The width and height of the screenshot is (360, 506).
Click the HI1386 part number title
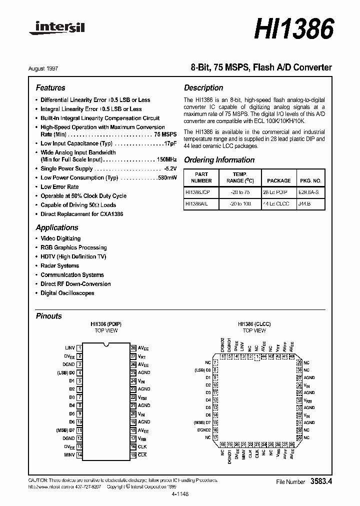(x=293, y=29)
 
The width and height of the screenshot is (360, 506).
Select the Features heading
(x=50, y=87)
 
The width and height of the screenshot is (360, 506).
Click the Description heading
(x=203, y=87)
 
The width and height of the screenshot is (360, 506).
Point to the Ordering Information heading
(x=219, y=160)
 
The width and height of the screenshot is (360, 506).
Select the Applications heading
(x=57, y=227)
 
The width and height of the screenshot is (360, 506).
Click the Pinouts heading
(x=49, y=316)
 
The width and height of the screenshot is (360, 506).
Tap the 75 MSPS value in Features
(x=165, y=134)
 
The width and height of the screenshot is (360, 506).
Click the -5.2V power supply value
(x=167, y=168)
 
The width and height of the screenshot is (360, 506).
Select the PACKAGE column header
(x=278, y=180)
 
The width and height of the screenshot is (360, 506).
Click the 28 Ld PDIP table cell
(x=275, y=192)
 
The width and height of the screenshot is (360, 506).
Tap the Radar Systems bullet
(x=59, y=265)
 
